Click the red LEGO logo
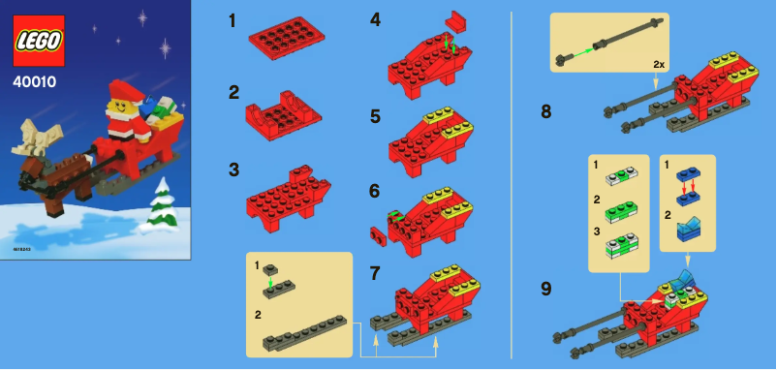(x=39, y=41)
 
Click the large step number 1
(x=233, y=19)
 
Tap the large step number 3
(x=233, y=169)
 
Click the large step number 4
(x=375, y=19)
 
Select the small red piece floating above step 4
(x=455, y=19)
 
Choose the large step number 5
(x=375, y=115)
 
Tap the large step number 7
(x=375, y=273)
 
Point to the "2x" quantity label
(x=659, y=63)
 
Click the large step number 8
(x=546, y=110)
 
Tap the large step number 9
(x=546, y=287)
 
